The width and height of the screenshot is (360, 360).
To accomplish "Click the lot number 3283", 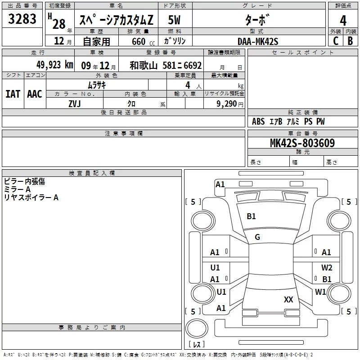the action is (x=22, y=18).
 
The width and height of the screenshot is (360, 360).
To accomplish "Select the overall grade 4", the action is (x=343, y=20).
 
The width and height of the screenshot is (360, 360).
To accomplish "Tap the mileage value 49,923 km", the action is (x=55, y=65).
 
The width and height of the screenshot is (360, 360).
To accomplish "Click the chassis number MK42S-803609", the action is (x=302, y=143).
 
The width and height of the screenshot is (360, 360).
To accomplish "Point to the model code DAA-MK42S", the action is (x=258, y=41).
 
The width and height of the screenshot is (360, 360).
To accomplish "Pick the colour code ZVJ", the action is (x=75, y=104).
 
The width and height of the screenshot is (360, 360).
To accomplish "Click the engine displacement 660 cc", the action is (x=143, y=42).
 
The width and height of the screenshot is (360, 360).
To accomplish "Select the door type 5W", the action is (x=174, y=20).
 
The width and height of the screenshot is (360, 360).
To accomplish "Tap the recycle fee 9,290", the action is (x=227, y=104).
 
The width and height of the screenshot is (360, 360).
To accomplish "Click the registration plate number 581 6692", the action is (x=182, y=65).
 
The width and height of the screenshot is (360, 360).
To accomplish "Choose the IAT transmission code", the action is (x=13, y=94).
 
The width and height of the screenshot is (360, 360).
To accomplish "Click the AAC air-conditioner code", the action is (x=35, y=94).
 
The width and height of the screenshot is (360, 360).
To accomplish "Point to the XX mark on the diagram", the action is (x=288, y=299).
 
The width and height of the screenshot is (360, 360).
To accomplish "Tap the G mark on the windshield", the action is (x=257, y=237).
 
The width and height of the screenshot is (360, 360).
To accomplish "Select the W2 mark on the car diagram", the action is (x=327, y=267).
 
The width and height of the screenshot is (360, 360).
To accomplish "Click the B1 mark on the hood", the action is (x=251, y=216).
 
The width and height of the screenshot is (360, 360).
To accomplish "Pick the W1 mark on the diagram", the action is (x=320, y=292).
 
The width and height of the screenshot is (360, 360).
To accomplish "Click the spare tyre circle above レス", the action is (x=197, y=328).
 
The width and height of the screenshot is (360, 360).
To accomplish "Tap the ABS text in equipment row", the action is (x=258, y=121).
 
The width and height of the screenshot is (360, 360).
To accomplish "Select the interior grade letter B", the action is (x=351, y=41).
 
